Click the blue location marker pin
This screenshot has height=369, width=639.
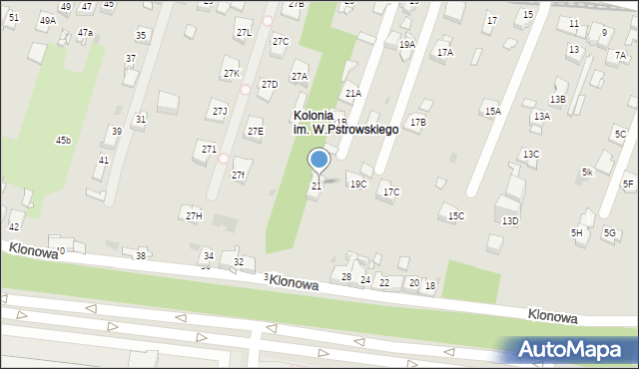tap(319, 159)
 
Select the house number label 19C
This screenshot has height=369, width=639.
tap(357, 184)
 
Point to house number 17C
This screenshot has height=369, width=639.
tap(391, 191)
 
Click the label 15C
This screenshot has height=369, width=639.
tap(456, 215)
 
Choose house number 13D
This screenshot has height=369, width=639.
tap(510, 220)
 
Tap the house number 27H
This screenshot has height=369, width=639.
tap(194, 215)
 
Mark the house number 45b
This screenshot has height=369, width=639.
tap(63, 140)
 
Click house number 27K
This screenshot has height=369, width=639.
tap(232, 74)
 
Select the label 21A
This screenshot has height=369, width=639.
tap(352, 93)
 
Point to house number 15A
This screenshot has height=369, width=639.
tap(492, 112)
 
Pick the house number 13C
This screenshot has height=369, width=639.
tap(531, 154)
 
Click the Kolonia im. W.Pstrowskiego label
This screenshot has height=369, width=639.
tap(344, 123)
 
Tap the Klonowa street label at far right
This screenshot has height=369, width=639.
tap(553, 315)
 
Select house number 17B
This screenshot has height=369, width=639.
tap(417, 122)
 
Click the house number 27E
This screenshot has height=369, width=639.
tap(256, 131)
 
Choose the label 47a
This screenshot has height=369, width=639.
tap(86, 33)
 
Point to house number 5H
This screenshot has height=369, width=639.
tap(577, 232)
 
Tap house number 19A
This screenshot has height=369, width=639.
tap(407, 44)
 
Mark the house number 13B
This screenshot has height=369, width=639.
tap(557, 99)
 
